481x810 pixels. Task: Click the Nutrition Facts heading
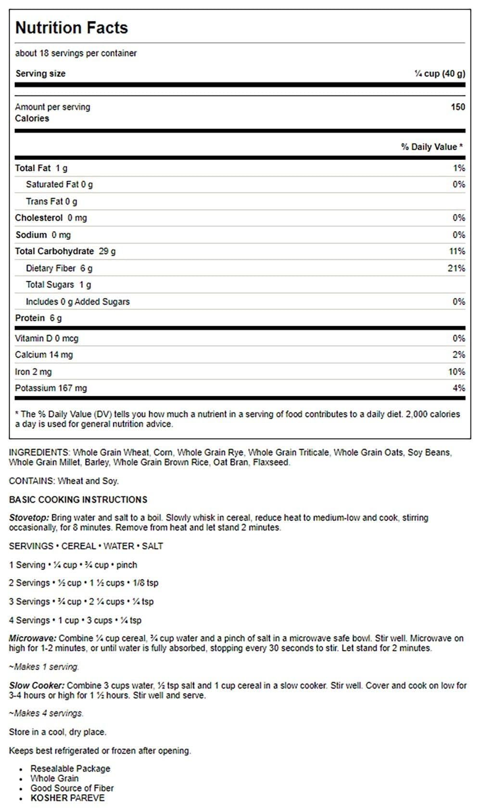[x=72, y=28]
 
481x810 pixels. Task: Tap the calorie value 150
[x=457, y=107]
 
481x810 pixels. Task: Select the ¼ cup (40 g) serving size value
[x=440, y=74]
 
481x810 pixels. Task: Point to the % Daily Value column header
[x=431, y=147]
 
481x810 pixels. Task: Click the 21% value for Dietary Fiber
[x=456, y=268]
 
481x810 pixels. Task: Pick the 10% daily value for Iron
[x=456, y=372]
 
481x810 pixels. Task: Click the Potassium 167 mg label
[x=51, y=388]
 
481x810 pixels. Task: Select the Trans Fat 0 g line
[x=51, y=201]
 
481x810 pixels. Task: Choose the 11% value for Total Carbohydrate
[x=456, y=251]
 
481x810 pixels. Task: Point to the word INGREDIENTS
[x=39, y=453]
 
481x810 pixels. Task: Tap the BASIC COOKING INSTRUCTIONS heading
[x=78, y=499]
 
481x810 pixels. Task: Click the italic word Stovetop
[x=29, y=518]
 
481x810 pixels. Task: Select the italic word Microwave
[x=32, y=638]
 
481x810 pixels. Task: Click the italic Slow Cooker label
[x=37, y=685]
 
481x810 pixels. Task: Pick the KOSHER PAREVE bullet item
[x=67, y=798]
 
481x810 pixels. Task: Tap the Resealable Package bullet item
[x=70, y=769]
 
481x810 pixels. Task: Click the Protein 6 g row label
[x=38, y=318]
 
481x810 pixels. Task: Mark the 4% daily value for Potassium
[x=458, y=388]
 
